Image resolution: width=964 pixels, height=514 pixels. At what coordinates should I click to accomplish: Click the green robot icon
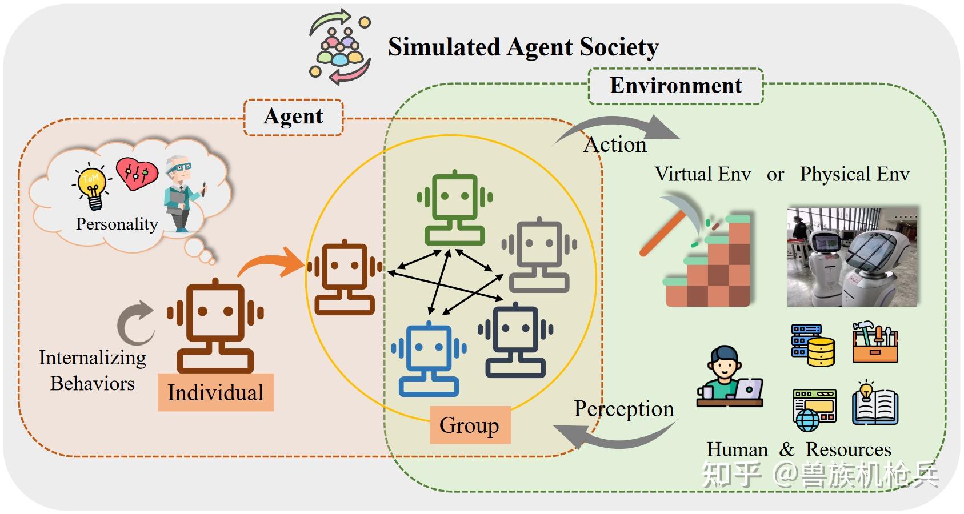pos(455,207)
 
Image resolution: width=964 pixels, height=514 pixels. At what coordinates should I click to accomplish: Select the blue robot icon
pos(429,359)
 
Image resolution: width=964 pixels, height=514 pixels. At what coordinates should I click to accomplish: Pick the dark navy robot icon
pos(515,340)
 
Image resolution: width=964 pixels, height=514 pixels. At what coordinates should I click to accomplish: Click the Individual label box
pos(215,392)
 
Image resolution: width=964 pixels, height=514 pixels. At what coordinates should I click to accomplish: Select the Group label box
pos(470,425)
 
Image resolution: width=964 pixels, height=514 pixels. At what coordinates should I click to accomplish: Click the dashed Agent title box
pos(293,117)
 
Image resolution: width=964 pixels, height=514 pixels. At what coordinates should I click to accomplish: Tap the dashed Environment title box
pos(675,86)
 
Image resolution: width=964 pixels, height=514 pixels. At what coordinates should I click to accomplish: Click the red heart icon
pos(136,173)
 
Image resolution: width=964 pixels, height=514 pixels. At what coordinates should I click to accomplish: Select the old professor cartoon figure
pos(182,194)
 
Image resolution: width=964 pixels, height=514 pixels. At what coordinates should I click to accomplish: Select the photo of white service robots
pos(852,257)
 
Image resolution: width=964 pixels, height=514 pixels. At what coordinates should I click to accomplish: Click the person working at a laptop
pos(729,377)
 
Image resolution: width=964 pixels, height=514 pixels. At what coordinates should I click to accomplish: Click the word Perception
pos(623,409)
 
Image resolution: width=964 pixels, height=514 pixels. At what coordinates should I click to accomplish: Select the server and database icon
pos(813,345)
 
